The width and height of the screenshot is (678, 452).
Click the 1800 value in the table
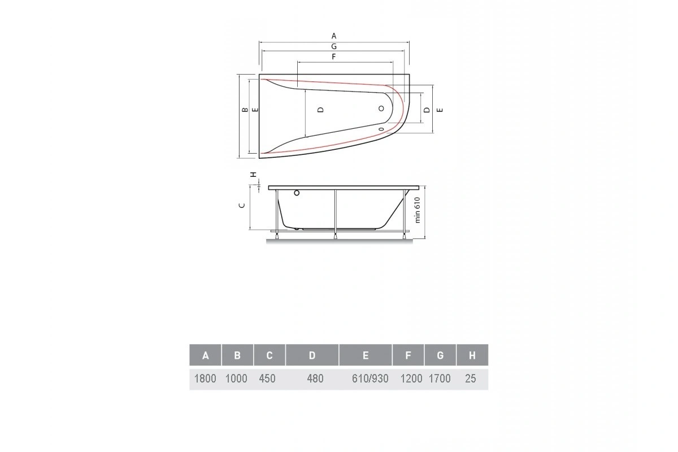tap(205, 379)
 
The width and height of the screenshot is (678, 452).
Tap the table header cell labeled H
tap(472, 355)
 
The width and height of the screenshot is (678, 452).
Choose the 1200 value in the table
tap(411, 379)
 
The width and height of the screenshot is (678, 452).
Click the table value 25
tap(470, 379)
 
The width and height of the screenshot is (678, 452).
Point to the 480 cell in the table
tap(315, 379)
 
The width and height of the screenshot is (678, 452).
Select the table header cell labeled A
tap(206, 355)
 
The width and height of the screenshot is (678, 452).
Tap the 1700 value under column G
tap(440, 379)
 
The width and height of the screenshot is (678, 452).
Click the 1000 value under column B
tap(236, 379)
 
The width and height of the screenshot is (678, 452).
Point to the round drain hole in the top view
tap(381, 108)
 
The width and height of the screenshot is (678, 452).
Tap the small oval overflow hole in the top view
tap(381, 129)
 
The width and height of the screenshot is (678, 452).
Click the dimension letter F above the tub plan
tap(334, 57)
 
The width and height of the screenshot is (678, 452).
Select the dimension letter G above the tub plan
tap(334, 46)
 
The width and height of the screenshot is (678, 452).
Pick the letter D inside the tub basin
tap(320, 110)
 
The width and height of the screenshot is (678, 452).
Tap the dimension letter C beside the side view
tap(241, 205)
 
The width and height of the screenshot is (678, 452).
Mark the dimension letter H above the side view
tap(254, 174)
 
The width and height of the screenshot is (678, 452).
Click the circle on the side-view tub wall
tap(295, 194)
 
